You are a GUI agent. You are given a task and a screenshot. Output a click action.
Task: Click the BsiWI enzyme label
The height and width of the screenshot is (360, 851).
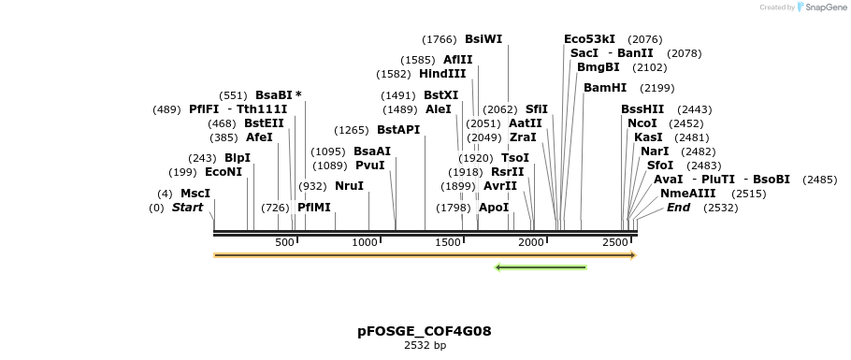(483, 39)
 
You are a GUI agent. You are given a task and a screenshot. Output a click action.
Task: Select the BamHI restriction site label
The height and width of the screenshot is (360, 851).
(605, 88)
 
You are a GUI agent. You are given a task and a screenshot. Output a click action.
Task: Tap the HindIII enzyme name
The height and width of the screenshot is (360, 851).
(442, 74)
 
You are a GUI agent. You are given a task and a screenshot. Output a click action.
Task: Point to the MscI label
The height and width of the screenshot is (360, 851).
(195, 194)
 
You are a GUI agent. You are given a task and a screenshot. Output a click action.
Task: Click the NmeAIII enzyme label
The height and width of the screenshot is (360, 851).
(687, 194)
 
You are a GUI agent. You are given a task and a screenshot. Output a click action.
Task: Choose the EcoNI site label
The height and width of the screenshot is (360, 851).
(224, 172)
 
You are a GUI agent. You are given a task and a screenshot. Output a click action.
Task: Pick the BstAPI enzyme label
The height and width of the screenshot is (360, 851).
(398, 130)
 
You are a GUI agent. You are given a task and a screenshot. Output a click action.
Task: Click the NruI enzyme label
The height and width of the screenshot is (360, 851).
(349, 186)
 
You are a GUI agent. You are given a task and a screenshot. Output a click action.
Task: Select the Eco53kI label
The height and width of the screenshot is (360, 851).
(589, 39)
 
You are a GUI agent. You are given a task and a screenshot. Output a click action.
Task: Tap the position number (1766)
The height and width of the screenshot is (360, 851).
(440, 39)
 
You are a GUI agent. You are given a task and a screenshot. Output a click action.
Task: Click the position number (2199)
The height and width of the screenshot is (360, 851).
(656, 88)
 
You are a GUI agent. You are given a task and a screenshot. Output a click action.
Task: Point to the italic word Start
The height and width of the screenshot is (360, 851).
(187, 208)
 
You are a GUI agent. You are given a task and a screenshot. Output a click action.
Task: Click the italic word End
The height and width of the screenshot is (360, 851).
(678, 208)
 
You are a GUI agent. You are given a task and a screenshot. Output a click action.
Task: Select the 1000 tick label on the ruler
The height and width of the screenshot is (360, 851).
(365, 243)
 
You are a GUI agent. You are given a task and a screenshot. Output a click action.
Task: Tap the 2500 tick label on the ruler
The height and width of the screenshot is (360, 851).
(614, 243)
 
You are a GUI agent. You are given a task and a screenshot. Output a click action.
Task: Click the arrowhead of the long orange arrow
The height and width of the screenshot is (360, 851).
(632, 255)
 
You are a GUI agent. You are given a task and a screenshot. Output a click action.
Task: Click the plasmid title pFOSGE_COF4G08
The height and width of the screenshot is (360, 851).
(425, 331)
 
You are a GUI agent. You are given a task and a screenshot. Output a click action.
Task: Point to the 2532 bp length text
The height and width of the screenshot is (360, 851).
(425, 346)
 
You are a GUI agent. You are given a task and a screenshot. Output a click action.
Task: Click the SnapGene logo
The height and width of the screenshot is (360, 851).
(819, 7)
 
